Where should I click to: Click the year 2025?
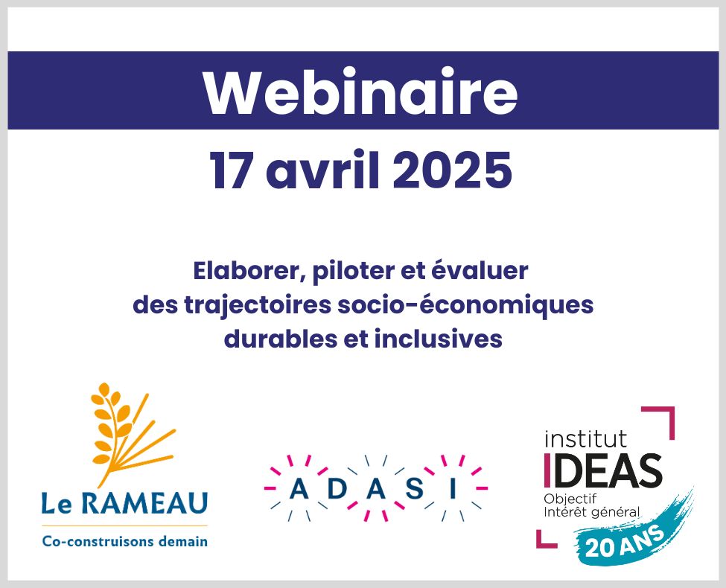[x=453, y=170]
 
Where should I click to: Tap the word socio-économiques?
[x=465, y=306]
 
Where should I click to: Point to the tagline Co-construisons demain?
[x=124, y=541]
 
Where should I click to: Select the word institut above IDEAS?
[x=586, y=438]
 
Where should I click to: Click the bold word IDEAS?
[x=604, y=470]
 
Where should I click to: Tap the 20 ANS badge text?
[x=625, y=541]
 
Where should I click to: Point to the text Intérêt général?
[x=592, y=512]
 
